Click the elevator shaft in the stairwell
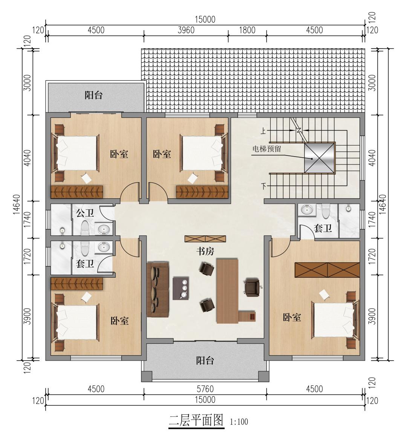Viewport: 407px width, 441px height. point(320,158)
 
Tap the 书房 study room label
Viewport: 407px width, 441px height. point(205,252)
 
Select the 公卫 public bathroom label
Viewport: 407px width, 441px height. point(85,213)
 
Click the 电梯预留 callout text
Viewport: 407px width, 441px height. point(266,149)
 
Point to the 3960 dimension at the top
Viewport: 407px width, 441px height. point(186,30)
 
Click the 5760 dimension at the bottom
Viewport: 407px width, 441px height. point(205,389)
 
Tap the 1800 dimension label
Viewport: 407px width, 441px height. point(247,30)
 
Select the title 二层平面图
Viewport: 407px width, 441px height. point(196,421)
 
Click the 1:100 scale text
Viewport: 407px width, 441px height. point(239,422)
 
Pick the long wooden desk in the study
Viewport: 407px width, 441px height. point(227,291)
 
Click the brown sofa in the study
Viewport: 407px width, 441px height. point(158,289)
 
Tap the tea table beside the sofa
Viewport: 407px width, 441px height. point(181,288)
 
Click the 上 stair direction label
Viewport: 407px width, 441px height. point(263,131)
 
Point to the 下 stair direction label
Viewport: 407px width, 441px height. point(263,186)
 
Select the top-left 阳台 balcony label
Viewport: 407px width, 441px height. point(93,95)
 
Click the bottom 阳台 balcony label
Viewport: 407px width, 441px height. point(205,360)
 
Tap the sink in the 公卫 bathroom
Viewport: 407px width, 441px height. point(104,229)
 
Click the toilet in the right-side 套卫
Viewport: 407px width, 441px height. point(326,211)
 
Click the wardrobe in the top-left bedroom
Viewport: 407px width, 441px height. point(77,192)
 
